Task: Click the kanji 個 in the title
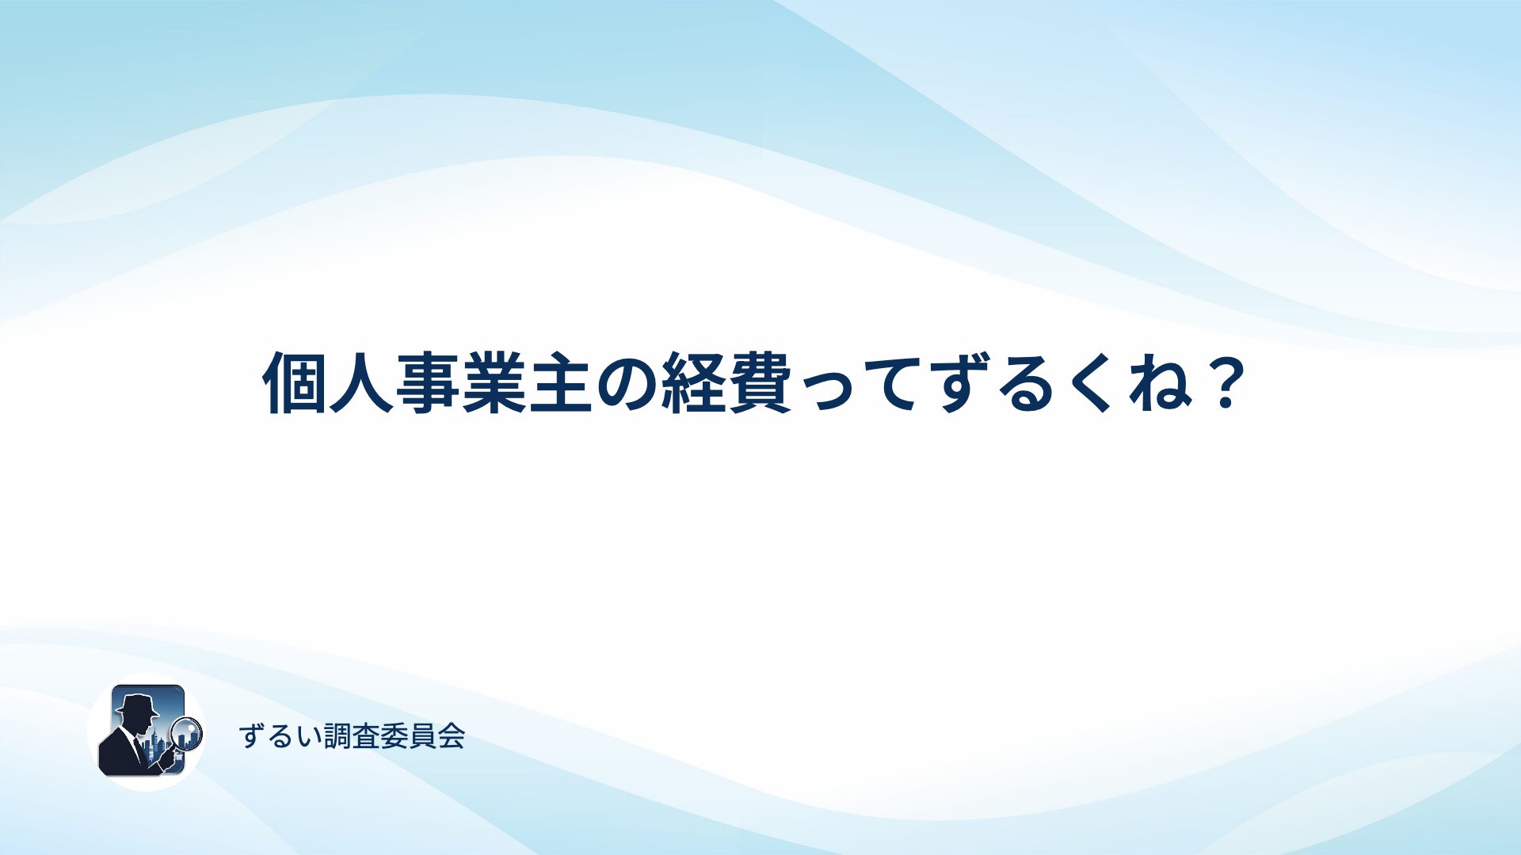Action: (x=295, y=382)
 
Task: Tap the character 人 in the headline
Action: (x=361, y=382)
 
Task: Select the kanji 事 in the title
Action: (x=428, y=382)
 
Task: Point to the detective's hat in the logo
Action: (x=137, y=704)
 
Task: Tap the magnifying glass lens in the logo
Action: (x=188, y=732)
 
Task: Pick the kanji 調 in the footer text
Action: (x=337, y=736)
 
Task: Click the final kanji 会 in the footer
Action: (x=452, y=736)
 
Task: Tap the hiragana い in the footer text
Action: (x=309, y=737)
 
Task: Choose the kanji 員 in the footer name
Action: (x=423, y=736)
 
